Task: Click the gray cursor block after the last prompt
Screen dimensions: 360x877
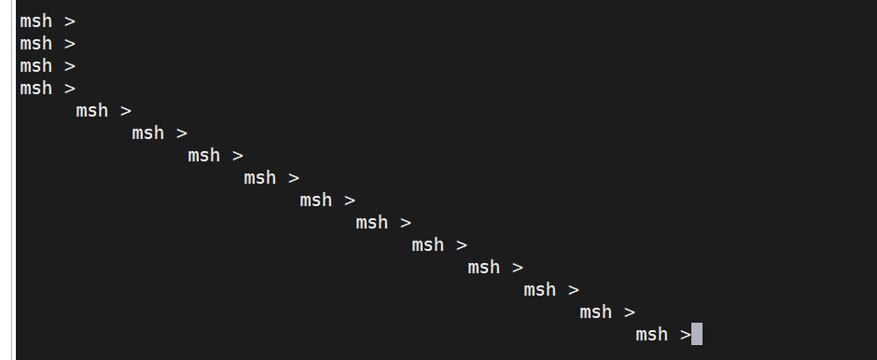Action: pyautogui.click(x=697, y=334)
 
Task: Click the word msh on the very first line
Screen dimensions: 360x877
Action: pyautogui.click(x=35, y=21)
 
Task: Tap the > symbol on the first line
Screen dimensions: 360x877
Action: pyautogui.click(x=70, y=21)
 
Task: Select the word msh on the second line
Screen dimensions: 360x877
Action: pyautogui.click(x=35, y=44)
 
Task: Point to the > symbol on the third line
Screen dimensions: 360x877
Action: pyautogui.click(x=70, y=66)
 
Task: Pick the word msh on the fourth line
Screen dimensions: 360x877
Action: pyautogui.click(x=35, y=89)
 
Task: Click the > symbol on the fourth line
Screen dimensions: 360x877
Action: pyautogui.click(x=70, y=89)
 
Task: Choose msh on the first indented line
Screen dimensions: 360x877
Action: pyautogui.click(x=91, y=111)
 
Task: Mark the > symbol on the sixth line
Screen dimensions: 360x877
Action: pyautogui.click(x=182, y=133)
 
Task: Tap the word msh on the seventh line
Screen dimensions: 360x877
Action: pyautogui.click(x=203, y=156)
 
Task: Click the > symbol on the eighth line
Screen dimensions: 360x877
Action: pyautogui.click(x=294, y=178)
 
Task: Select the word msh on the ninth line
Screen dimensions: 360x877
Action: pyautogui.click(x=315, y=201)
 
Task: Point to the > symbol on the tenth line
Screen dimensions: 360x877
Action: pyautogui.click(x=406, y=223)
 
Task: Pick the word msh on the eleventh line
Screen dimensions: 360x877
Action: pyautogui.click(x=427, y=245)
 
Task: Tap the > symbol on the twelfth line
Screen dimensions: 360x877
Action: pyautogui.click(x=518, y=268)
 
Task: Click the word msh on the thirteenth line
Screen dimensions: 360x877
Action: pyautogui.click(x=539, y=290)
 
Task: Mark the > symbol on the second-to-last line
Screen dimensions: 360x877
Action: pyautogui.click(x=630, y=312)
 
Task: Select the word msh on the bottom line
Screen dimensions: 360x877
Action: pyautogui.click(x=651, y=335)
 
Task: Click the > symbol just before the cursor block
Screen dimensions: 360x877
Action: pyautogui.click(x=686, y=335)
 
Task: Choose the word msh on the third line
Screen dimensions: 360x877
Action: pyautogui.click(x=35, y=66)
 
